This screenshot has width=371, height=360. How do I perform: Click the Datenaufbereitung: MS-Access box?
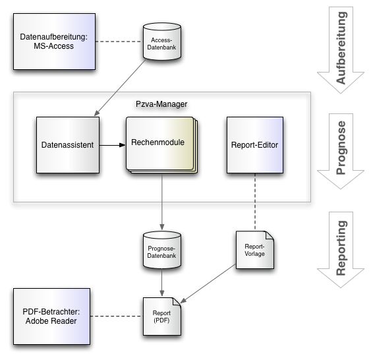pyautogui.click(x=55, y=42)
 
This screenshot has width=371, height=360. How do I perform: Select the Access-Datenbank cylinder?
pyautogui.click(x=162, y=41)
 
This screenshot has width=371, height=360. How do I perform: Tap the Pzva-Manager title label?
pyautogui.click(x=161, y=104)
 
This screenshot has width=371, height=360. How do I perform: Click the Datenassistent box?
pyautogui.click(x=68, y=145)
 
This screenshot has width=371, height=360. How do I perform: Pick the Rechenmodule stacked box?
pyautogui.click(x=162, y=145)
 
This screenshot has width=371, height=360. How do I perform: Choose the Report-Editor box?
pyautogui.click(x=255, y=145)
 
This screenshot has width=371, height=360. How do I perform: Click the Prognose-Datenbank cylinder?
pyautogui.click(x=162, y=250)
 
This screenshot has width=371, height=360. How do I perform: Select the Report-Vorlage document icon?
pyautogui.click(x=255, y=250)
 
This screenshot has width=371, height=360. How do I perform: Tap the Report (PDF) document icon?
pyautogui.click(x=162, y=316)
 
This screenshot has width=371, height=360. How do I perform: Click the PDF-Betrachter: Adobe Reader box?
pyautogui.click(x=51, y=316)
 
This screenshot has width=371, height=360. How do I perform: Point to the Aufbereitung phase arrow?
pyautogui.click(x=341, y=49)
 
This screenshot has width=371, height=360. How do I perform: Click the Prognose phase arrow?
pyautogui.click(x=341, y=151)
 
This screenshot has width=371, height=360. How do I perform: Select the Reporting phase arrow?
pyautogui.click(x=341, y=250)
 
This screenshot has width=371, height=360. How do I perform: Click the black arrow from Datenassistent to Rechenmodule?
pyautogui.click(x=113, y=145)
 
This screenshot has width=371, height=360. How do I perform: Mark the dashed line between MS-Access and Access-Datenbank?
pyautogui.click(x=119, y=42)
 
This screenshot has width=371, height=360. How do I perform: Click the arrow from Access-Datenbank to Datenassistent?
pyautogui.click(x=120, y=88)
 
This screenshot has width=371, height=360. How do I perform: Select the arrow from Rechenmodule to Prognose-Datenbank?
pyautogui.click(x=162, y=202)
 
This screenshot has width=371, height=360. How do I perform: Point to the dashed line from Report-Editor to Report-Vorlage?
pyautogui.click(x=255, y=202)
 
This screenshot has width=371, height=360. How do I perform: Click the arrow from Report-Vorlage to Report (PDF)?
pyautogui.click(x=208, y=284)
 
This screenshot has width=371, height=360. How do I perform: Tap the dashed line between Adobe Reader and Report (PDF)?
pyautogui.click(x=117, y=316)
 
